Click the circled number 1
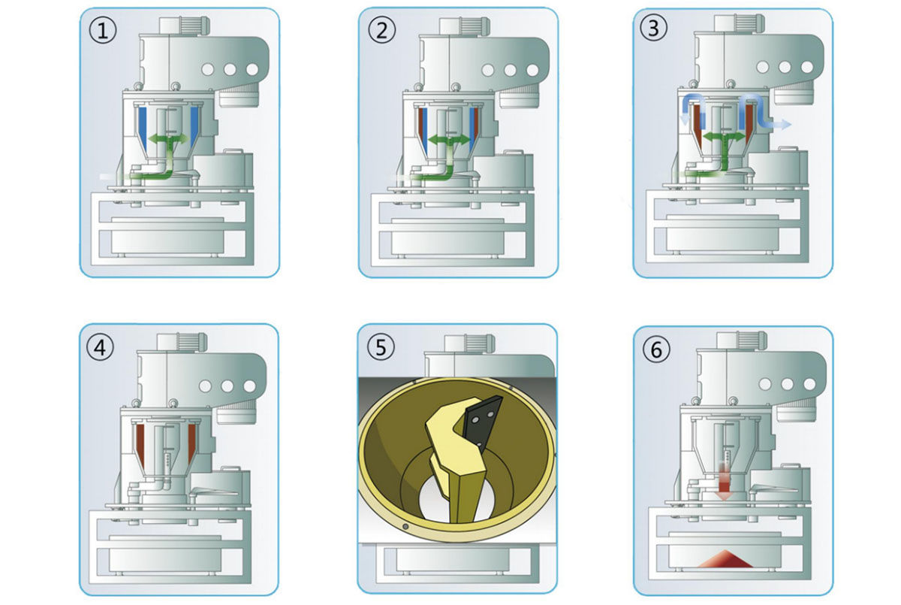102,32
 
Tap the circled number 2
381,31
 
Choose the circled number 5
382,348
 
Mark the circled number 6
655,348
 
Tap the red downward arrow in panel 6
725,481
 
